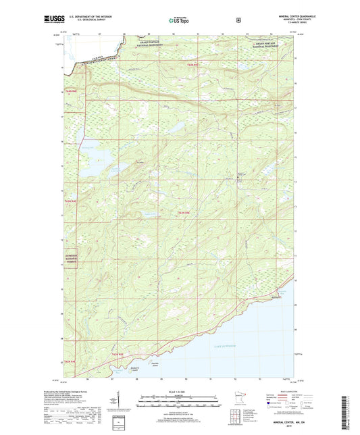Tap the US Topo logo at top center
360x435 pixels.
tap(179, 21)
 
